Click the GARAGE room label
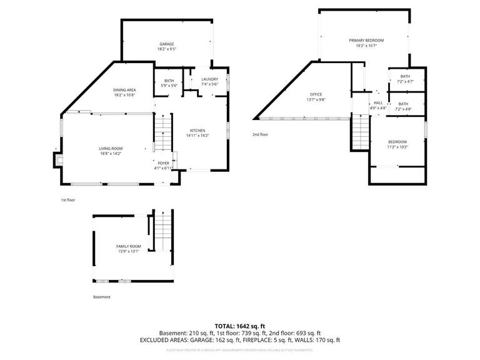(166, 44)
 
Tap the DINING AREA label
(125, 90)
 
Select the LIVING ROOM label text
(111, 148)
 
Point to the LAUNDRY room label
(209, 79)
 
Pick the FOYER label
(164, 163)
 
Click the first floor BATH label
(169, 81)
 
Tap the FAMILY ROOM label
(129, 246)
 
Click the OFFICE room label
(316, 94)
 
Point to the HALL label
(378, 103)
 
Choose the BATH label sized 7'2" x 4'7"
(405, 76)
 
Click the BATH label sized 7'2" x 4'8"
(403, 104)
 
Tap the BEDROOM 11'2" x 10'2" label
(397, 142)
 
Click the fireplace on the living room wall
(58, 160)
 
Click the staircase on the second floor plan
(361, 132)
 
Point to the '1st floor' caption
(68, 200)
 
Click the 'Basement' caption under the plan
(101, 297)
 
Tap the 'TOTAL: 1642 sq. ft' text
(240, 326)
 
